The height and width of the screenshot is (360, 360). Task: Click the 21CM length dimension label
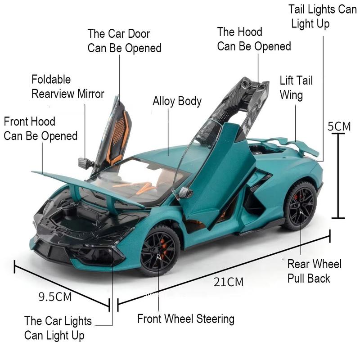tap(228, 282)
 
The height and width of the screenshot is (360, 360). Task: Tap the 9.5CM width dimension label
tap(55, 297)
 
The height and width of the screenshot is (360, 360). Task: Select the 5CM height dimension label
tap(338, 126)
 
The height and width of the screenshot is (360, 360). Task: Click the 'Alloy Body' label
tap(177, 101)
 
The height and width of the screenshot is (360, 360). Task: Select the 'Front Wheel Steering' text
tap(185, 319)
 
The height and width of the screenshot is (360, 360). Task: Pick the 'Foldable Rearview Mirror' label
tap(67, 87)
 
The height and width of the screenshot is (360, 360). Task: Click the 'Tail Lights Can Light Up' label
tap(322, 16)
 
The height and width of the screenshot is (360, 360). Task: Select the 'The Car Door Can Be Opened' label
tap(124, 40)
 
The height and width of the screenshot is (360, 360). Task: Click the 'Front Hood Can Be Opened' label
tap(40, 128)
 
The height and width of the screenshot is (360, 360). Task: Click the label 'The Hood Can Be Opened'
tap(254, 39)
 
